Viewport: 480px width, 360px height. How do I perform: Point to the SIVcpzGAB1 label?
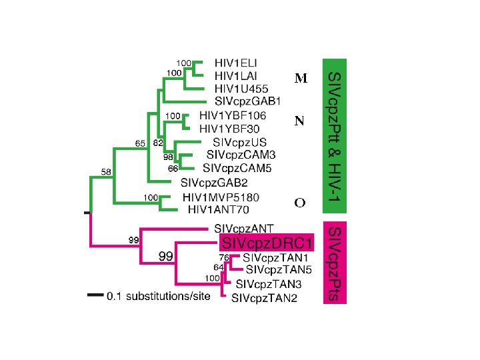click(248, 101)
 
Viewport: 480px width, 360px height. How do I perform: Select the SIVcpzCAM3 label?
click(241, 155)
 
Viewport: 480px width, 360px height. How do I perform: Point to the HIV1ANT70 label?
click(219, 210)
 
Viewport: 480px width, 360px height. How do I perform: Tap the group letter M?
click(301, 79)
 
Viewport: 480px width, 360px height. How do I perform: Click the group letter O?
click(300, 203)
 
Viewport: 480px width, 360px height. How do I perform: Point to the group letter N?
click(300, 121)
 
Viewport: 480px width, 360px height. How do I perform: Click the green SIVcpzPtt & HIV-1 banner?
click(335, 133)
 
